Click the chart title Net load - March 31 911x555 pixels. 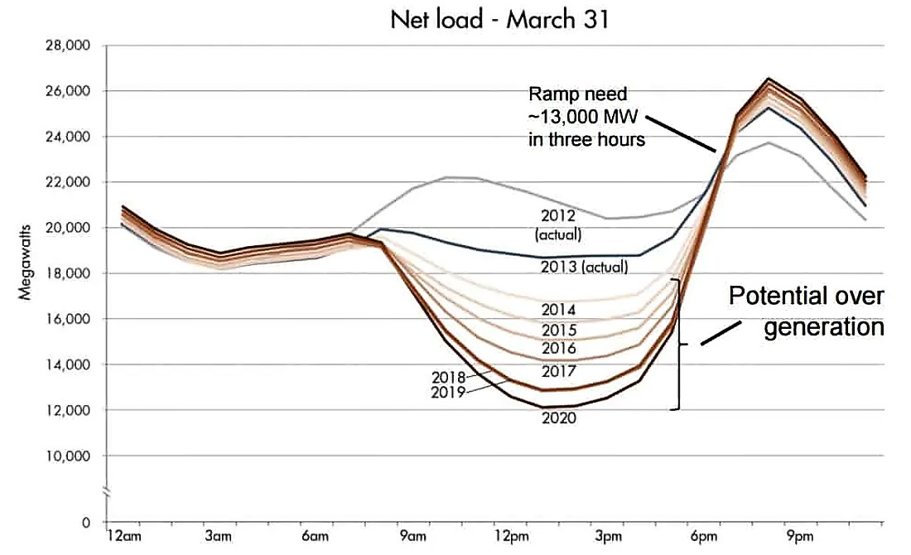(x=499, y=20)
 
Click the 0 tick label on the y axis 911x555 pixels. (x=87, y=523)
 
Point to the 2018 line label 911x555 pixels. (x=448, y=378)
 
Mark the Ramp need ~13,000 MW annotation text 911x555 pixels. (x=586, y=117)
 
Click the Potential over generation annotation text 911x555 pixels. (x=806, y=311)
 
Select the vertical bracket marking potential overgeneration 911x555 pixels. (x=679, y=344)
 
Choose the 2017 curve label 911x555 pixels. (x=558, y=371)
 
